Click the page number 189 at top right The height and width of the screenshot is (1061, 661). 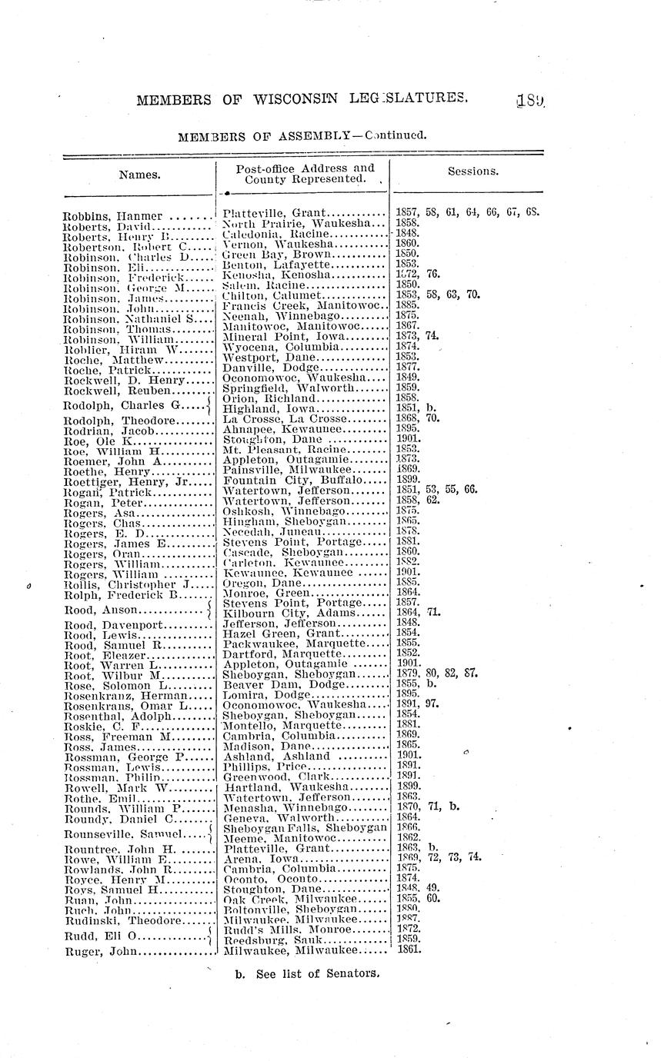click(x=530, y=98)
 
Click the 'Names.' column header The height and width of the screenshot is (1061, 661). click(x=139, y=175)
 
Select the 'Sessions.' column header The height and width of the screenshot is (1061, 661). click(x=472, y=171)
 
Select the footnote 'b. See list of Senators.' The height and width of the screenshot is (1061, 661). click(x=308, y=973)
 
